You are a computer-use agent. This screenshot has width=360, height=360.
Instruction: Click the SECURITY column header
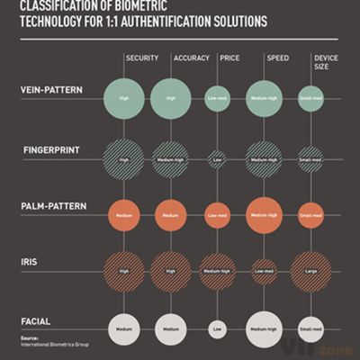143,58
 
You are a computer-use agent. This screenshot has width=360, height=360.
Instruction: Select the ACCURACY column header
191,58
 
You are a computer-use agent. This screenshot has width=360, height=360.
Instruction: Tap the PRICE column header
230,58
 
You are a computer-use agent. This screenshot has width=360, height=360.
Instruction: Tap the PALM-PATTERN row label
54,206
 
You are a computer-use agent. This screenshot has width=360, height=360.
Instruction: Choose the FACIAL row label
35,320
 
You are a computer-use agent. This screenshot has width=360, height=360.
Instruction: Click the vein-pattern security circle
124,99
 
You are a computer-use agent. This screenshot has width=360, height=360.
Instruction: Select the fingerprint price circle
217,159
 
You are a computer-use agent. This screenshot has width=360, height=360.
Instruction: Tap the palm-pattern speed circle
264,215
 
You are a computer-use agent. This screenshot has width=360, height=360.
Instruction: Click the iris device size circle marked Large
310,271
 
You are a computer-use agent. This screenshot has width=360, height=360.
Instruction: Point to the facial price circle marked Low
217,330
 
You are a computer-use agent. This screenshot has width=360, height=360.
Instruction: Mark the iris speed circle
264,272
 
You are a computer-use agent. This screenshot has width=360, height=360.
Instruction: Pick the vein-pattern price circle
217,99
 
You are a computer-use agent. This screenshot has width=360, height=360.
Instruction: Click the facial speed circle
264,329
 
